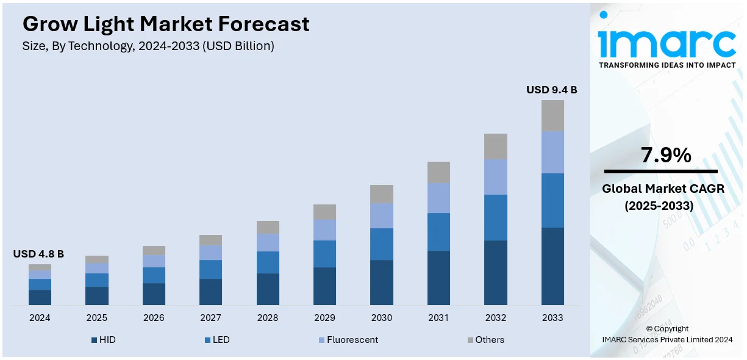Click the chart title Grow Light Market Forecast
(166, 24)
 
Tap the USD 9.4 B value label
(551, 90)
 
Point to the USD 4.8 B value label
(38, 254)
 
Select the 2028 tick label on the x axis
(268, 318)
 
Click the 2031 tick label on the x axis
(438, 318)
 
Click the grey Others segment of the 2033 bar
(552, 115)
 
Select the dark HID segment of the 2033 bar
(552, 266)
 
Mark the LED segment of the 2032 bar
(496, 217)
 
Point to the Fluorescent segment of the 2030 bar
(382, 215)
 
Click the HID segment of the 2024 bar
(40, 297)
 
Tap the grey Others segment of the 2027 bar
(210, 240)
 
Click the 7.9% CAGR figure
(665, 156)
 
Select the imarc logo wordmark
(667, 41)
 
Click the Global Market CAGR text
(663, 189)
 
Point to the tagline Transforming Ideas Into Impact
(667, 65)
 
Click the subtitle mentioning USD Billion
(148, 46)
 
